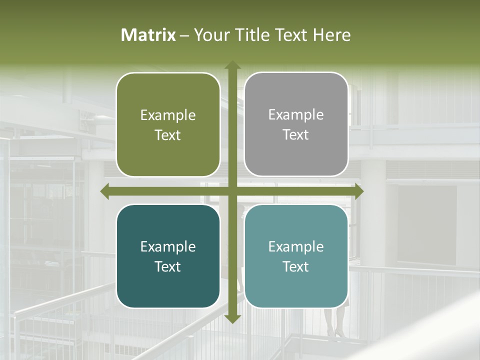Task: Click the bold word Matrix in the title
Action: pos(148,35)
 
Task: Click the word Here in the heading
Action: pos(332,35)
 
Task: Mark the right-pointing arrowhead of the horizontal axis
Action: pos(358,191)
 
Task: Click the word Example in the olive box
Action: pos(168,115)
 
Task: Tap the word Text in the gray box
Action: pos(296,135)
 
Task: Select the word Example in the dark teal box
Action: pos(168,247)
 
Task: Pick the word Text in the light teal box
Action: pos(296,266)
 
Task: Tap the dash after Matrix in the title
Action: pos(184,35)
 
